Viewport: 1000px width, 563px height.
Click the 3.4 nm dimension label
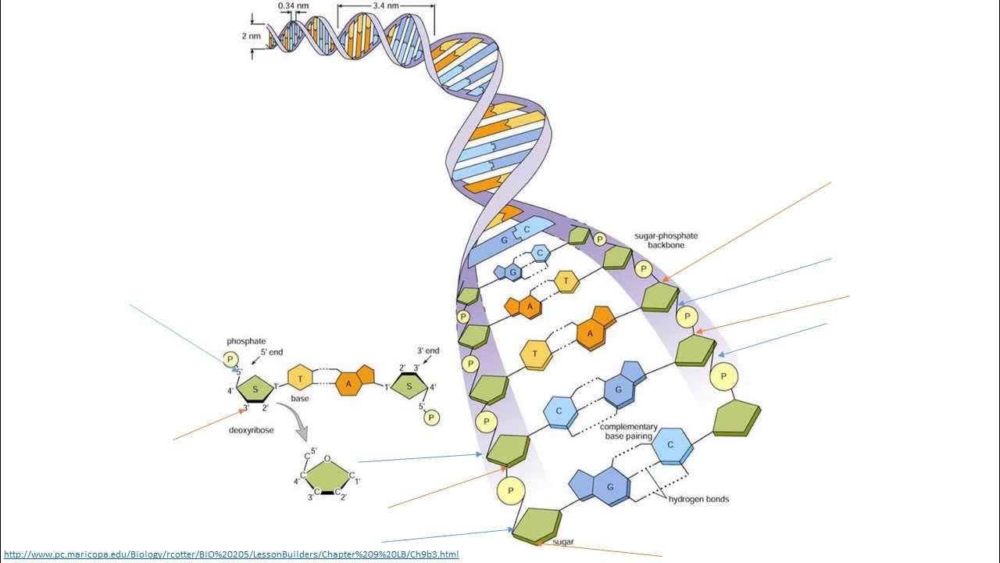point(384,5)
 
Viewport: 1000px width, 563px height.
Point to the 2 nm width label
point(251,36)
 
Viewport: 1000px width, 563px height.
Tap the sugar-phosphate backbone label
point(666,240)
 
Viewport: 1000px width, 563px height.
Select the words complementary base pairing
point(630,432)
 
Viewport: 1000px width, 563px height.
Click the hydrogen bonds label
point(698,499)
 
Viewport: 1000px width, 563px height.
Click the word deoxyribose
point(251,430)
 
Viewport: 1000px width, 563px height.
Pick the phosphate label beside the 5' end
point(246,341)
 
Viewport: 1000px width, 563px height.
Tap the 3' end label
point(428,351)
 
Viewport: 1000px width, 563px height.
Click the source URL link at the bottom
point(231,554)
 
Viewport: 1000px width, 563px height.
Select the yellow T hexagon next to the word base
point(300,378)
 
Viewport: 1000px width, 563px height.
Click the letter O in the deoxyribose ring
point(327,459)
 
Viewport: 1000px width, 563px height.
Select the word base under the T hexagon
point(300,399)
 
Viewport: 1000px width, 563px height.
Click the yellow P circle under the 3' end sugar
point(430,418)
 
